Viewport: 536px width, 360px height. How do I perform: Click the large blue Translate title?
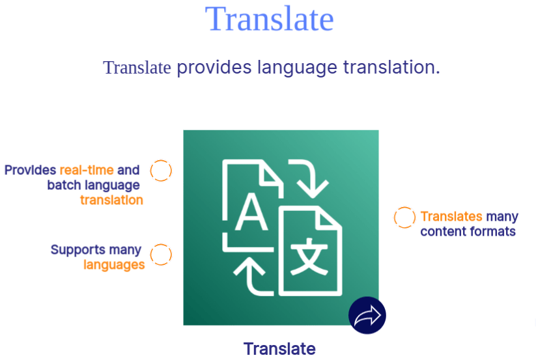coord(269,19)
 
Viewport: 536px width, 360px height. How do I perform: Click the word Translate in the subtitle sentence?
coord(137,67)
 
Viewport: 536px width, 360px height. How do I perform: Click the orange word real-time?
coord(87,170)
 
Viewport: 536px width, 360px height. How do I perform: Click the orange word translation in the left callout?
coord(111,200)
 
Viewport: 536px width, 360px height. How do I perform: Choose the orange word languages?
coord(114,264)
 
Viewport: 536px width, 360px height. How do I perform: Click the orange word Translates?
coord(451,216)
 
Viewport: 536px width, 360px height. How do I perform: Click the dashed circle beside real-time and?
coord(161,171)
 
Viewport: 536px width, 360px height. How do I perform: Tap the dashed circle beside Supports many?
coord(161,255)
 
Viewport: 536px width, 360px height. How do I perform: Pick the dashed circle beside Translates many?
coord(404,217)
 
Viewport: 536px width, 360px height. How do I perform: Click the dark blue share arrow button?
coord(367,316)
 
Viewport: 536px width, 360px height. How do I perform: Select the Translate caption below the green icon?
coord(279,349)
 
